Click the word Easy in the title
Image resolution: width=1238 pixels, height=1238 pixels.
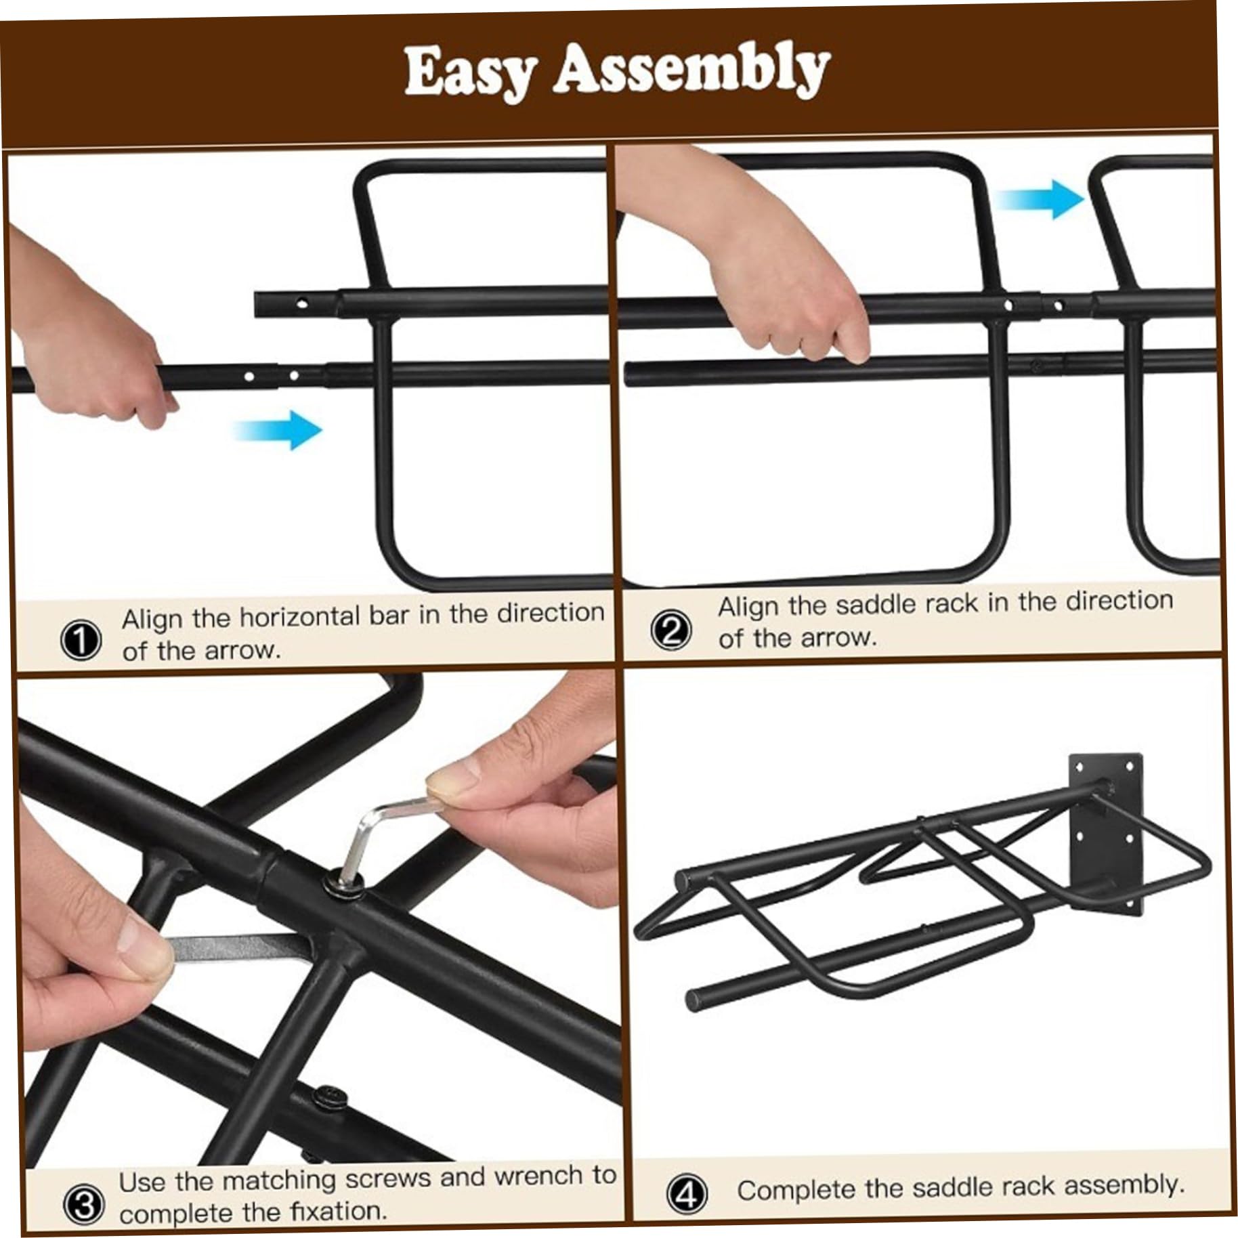click(471, 73)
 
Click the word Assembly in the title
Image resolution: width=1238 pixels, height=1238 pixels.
click(691, 70)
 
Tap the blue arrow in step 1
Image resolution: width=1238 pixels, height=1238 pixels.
click(277, 429)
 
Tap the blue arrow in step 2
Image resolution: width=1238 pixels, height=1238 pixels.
click(1040, 198)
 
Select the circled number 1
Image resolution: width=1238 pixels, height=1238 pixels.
click(81, 640)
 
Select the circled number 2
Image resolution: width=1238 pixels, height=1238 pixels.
click(671, 631)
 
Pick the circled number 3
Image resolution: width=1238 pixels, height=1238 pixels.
click(84, 1205)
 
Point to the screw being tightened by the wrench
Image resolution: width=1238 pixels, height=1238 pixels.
click(343, 882)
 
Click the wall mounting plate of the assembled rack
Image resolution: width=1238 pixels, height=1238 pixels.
click(1106, 835)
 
